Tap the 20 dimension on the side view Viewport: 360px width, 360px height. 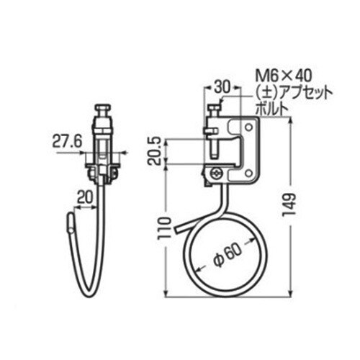(x=85, y=194)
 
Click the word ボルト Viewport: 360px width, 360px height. (x=271, y=108)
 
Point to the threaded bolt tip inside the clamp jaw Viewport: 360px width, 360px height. (x=215, y=153)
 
